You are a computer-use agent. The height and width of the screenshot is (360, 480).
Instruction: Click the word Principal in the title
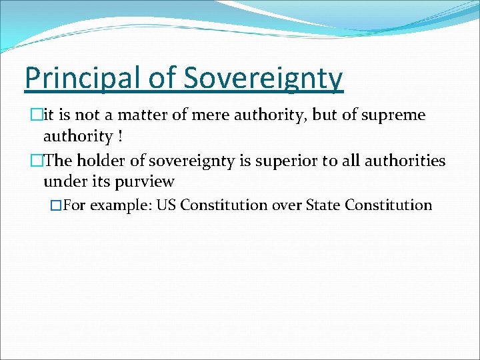coord(78,78)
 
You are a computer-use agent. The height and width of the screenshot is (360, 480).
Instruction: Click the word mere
coord(207,115)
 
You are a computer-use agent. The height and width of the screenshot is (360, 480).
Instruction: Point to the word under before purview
coord(64,181)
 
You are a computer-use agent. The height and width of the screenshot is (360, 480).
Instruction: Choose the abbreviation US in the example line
coord(166,205)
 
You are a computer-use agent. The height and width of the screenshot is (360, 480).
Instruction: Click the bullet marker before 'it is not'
coord(28,115)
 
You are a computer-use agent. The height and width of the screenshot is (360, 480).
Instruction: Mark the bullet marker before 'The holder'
coord(28,160)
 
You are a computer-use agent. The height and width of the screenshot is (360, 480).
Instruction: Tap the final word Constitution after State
coord(389,205)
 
